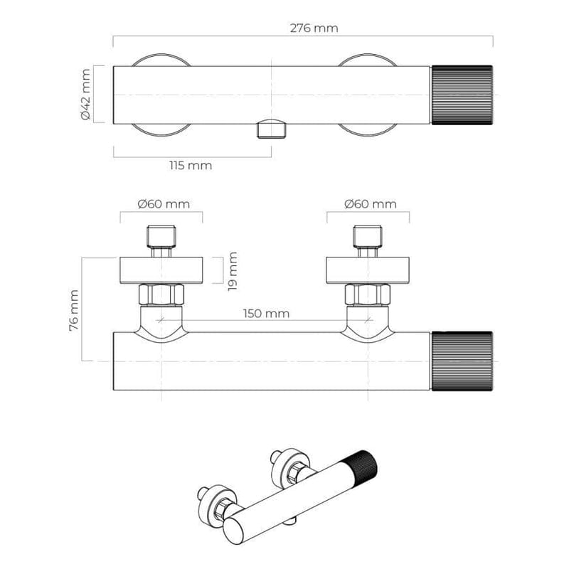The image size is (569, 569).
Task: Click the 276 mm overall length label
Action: tap(314, 28)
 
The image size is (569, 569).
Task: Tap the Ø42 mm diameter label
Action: tap(85, 95)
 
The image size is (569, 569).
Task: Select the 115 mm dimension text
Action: tap(191, 166)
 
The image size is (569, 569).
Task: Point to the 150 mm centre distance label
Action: tap(266, 313)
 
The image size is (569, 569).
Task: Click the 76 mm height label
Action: tap(74, 310)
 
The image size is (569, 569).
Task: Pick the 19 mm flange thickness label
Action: tap(233, 271)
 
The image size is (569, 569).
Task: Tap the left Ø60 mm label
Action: tap(164, 204)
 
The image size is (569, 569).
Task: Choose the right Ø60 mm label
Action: tap(371, 204)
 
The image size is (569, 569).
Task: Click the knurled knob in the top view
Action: tap(462, 95)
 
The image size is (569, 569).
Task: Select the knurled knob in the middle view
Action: tap(462, 361)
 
